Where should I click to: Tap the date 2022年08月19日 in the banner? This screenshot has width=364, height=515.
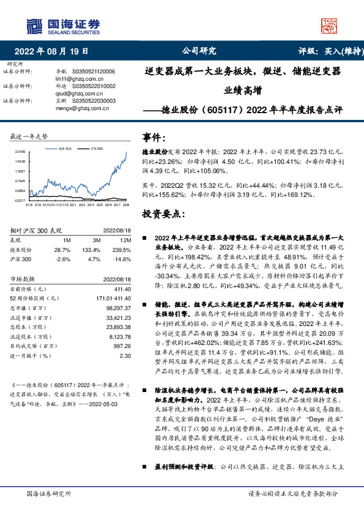pos(55,51)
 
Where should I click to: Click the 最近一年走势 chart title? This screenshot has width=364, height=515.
pos(29,136)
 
